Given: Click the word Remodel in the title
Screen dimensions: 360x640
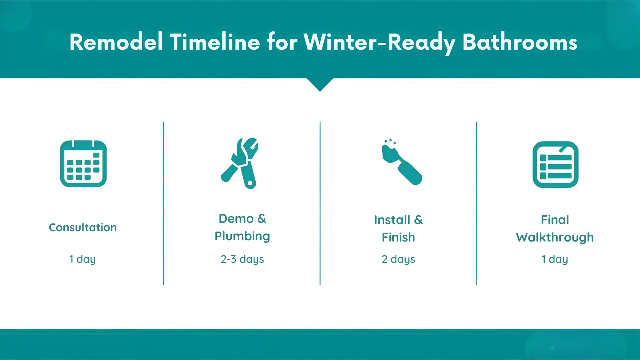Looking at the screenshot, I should [x=116, y=42].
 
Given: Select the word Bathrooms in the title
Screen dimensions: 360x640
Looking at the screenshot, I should [x=519, y=42].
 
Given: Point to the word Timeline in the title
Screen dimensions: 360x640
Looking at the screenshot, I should [x=215, y=42].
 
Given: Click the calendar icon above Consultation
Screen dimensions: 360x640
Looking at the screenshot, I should [x=83, y=164].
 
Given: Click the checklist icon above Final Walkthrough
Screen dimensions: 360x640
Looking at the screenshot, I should [x=555, y=165].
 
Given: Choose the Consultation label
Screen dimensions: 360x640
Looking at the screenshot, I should [x=83, y=227].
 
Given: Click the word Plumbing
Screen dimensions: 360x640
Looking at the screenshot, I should [x=242, y=236].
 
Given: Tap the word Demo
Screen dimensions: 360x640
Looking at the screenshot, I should [x=236, y=219].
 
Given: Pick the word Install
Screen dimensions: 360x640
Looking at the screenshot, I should [x=392, y=220].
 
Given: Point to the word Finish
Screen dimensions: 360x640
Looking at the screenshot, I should [x=398, y=237].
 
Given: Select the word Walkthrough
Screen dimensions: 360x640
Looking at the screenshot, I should [x=555, y=237].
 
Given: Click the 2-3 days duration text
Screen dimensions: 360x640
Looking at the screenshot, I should [x=242, y=259].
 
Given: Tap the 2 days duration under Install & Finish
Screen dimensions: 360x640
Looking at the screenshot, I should [x=398, y=259].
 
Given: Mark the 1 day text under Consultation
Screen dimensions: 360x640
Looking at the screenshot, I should [x=82, y=259].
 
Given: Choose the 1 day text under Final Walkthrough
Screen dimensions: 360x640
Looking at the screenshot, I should [x=554, y=259].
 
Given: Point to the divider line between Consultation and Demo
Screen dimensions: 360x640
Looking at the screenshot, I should [x=163, y=203].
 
